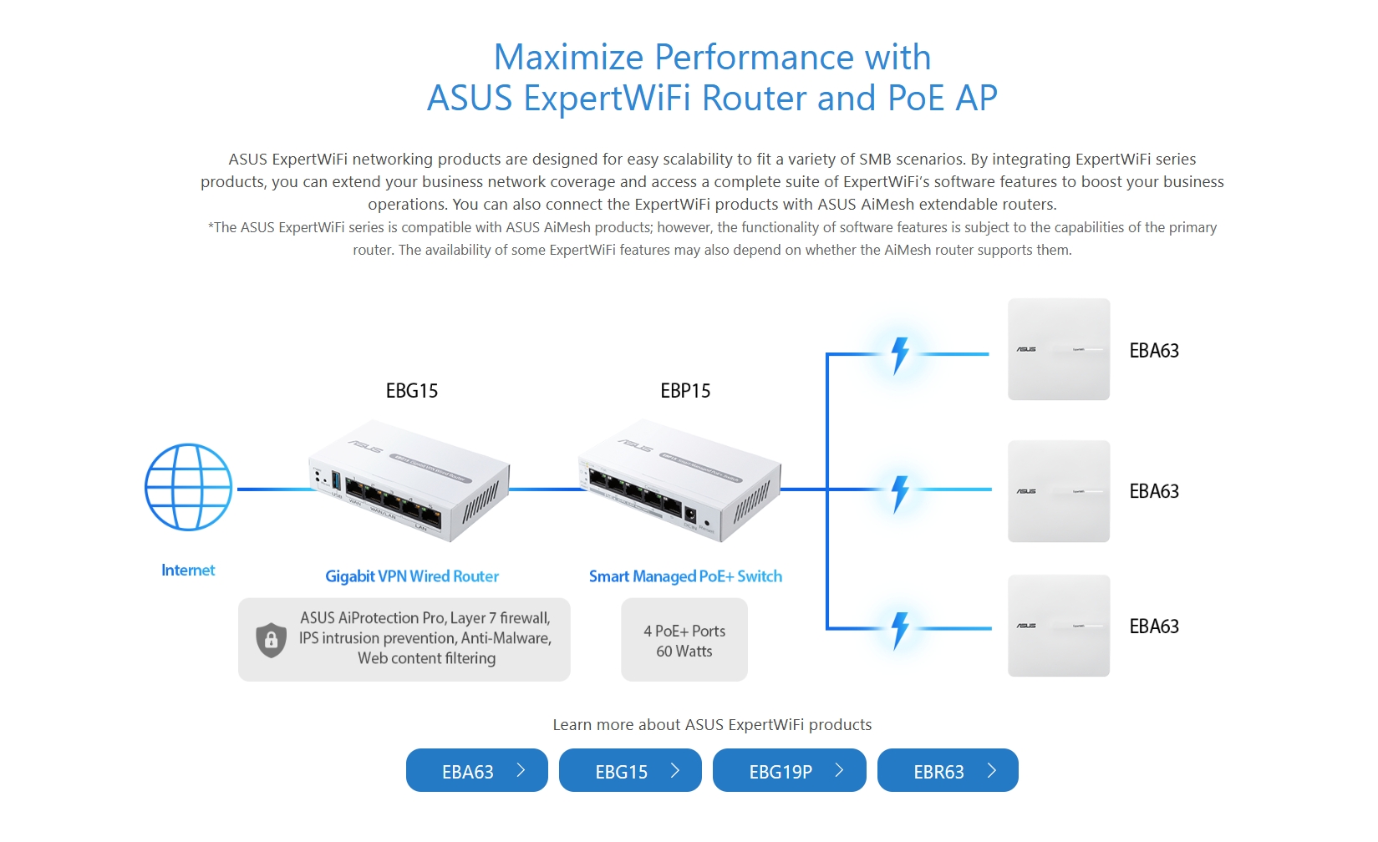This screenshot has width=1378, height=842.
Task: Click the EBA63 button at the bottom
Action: [x=476, y=771]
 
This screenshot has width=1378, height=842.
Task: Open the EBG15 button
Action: [x=629, y=771]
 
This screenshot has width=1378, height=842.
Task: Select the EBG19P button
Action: [x=788, y=771]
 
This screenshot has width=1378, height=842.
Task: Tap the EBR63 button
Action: [x=947, y=771]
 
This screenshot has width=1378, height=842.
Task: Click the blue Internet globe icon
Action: [x=188, y=487]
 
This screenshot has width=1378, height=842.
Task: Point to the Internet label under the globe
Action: [x=188, y=571]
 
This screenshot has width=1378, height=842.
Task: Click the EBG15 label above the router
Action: [x=411, y=391]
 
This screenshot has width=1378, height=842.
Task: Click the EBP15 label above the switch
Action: [x=685, y=391]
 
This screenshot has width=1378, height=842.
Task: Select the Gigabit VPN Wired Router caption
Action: [x=412, y=576]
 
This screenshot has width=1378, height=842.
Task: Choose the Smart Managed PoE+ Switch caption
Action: [x=685, y=576]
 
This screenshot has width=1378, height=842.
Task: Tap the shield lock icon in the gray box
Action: [x=271, y=640]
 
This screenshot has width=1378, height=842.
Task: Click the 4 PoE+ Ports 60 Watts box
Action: [x=684, y=641]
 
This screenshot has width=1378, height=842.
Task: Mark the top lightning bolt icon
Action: [x=900, y=354]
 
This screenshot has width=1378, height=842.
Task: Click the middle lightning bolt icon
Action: [x=900, y=493]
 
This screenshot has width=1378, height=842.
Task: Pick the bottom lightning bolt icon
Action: [x=900, y=630]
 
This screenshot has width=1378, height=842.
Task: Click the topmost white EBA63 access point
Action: [x=1058, y=349]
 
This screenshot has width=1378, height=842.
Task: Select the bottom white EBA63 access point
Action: [x=1058, y=626]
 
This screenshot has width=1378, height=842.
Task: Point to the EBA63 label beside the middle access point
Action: [x=1153, y=491]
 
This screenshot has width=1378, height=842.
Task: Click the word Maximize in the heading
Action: [x=568, y=58]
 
